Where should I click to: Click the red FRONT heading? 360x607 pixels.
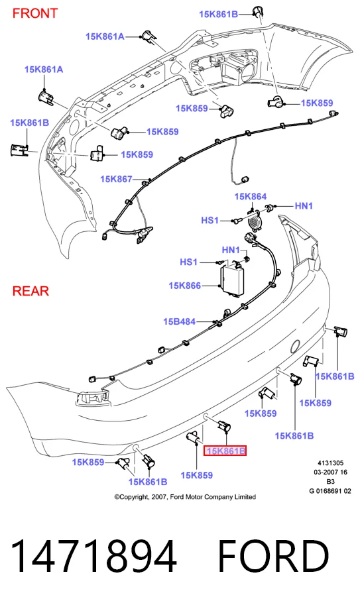35,13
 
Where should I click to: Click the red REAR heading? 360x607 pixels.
30,291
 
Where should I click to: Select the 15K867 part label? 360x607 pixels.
116,179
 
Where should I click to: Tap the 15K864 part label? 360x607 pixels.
251,196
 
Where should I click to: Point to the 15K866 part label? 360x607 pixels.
185,286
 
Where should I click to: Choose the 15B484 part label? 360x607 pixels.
179,321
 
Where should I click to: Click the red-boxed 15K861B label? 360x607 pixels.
225,451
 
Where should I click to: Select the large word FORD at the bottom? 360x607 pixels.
273,556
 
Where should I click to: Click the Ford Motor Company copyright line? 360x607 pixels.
185,497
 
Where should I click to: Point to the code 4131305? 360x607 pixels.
331,463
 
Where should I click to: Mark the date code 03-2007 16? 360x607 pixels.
331,472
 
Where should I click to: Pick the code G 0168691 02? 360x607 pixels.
330,491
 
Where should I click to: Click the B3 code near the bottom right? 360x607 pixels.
330,482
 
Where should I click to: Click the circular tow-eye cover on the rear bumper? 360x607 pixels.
295,346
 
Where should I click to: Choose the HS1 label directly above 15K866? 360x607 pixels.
188,262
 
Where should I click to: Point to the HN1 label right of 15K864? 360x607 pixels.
304,205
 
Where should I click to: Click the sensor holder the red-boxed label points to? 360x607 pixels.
223,426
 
